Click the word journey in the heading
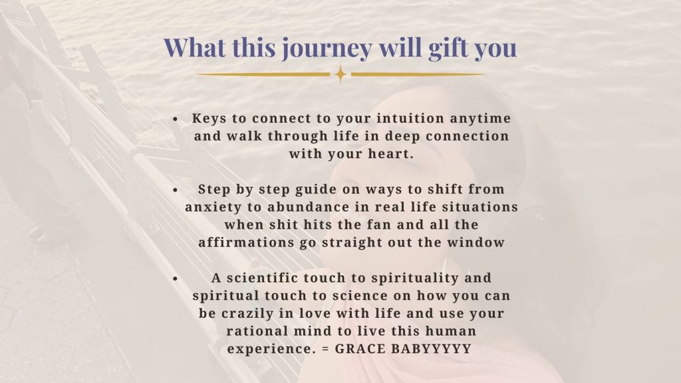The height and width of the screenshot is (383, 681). click(327, 49)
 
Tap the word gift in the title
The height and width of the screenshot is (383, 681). click(448, 48)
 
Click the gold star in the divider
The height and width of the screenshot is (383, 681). click(341, 74)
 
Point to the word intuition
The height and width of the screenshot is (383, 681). click(410, 118)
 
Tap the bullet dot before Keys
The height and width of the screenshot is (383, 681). click(175, 119)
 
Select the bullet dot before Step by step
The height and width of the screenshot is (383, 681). click(175, 190)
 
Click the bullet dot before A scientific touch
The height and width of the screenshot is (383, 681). click(175, 279)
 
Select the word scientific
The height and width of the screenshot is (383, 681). click(261, 278)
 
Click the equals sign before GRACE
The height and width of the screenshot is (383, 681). click(326, 349)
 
